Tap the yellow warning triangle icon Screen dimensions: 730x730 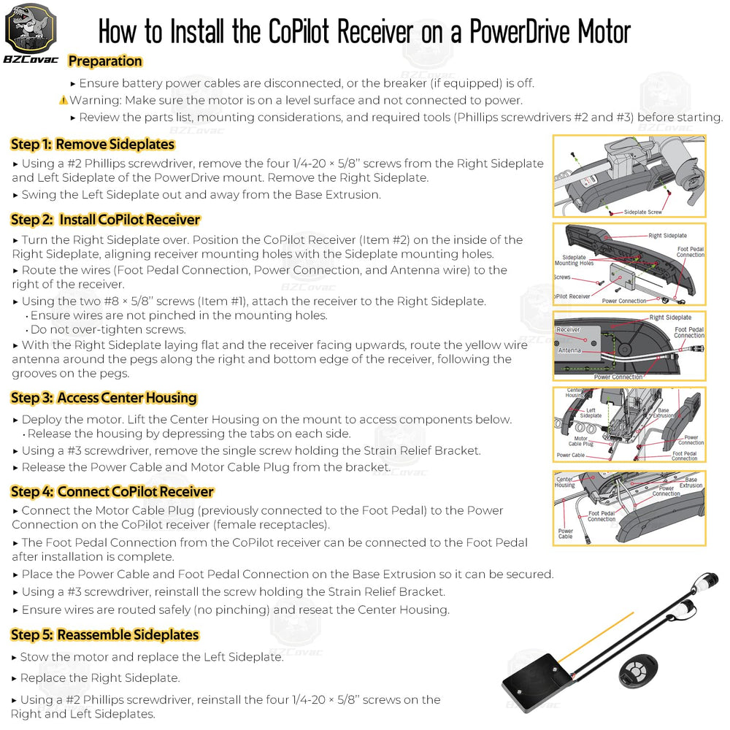click(x=64, y=100)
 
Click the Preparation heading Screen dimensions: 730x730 click(x=104, y=61)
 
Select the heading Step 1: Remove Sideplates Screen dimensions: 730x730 click(x=92, y=145)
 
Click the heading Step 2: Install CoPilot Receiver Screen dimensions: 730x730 click(x=105, y=220)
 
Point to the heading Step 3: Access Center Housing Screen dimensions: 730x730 click(x=104, y=398)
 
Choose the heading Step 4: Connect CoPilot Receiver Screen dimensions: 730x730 click(x=112, y=491)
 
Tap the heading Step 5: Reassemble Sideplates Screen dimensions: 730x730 click(x=104, y=635)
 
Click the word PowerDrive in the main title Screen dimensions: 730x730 click(x=520, y=31)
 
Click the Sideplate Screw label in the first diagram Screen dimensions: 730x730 click(x=642, y=212)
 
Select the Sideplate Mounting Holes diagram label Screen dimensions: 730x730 click(x=574, y=261)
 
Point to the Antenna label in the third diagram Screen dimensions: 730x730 click(x=569, y=350)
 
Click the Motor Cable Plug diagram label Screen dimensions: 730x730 click(x=580, y=442)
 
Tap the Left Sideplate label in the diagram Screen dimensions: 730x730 click(x=591, y=413)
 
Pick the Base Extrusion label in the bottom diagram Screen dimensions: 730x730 click(x=691, y=483)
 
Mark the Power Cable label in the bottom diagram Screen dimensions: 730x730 click(x=566, y=534)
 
